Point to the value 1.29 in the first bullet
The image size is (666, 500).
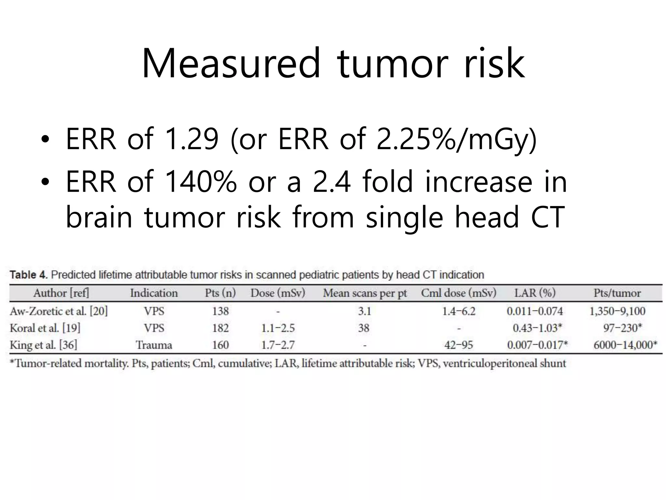point(192,139)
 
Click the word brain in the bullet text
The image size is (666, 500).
point(99,217)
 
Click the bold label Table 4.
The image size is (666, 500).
point(29,275)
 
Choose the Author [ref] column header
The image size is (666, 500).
point(61,293)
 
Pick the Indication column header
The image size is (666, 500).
point(154,293)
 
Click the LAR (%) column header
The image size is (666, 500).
point(535,293)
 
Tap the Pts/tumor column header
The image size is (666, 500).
point(617,293)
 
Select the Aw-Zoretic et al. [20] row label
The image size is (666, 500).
point(59,311)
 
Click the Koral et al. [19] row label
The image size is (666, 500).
point(45,328)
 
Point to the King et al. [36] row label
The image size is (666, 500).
point(44,345)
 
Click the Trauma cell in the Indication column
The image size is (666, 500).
point(154,345)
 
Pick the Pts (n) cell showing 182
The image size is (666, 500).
point(220,328)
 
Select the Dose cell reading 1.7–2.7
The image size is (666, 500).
point(278,345)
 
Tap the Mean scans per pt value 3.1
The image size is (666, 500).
point(364,311)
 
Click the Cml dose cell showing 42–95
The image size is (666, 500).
point(459,345)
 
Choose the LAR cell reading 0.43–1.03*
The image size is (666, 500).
point(537,328)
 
